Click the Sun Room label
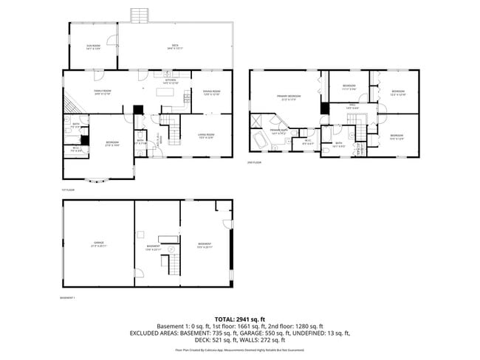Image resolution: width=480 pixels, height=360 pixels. click(93, 47)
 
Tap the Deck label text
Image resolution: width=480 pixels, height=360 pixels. click(176, 47)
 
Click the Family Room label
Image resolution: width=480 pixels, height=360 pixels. click(102, 93)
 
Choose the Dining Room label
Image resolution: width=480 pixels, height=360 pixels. click(211, 93)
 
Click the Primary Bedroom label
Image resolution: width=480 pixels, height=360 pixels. click(288, 97)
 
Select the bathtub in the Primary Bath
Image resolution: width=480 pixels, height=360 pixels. click(261, 140)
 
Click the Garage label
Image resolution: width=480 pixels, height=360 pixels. click(98, 243)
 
